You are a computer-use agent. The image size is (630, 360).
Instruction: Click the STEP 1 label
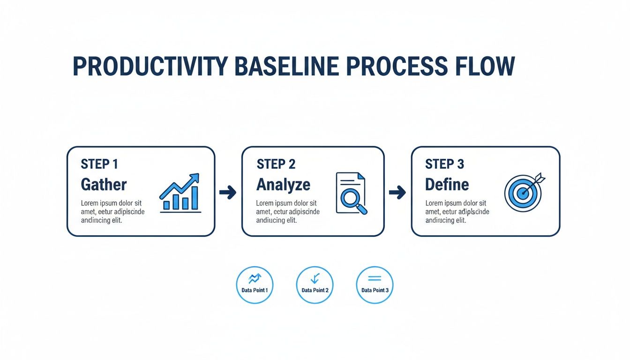(99, 164)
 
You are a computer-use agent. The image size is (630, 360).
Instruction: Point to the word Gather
(104, 184)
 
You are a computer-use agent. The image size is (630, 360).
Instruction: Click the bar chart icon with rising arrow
(180, 193)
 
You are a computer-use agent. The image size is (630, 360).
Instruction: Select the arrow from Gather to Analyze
(228, 192)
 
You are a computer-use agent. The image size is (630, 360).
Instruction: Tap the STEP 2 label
(276, 164)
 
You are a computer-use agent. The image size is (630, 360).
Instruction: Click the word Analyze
(283, 184)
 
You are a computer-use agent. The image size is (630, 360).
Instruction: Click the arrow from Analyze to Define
(397, 192)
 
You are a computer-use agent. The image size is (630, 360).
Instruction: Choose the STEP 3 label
(444, 164)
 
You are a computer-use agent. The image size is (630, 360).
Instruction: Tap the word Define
(447, 184)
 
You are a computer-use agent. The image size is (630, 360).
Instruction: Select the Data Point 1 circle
(255, 285)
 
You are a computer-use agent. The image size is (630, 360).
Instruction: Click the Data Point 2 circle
(315, 285)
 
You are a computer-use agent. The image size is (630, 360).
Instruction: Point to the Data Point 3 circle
(375, 285)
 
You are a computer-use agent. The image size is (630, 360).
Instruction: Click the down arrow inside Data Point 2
(315, 278)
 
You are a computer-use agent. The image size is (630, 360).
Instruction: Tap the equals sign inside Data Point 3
(375, 278)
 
